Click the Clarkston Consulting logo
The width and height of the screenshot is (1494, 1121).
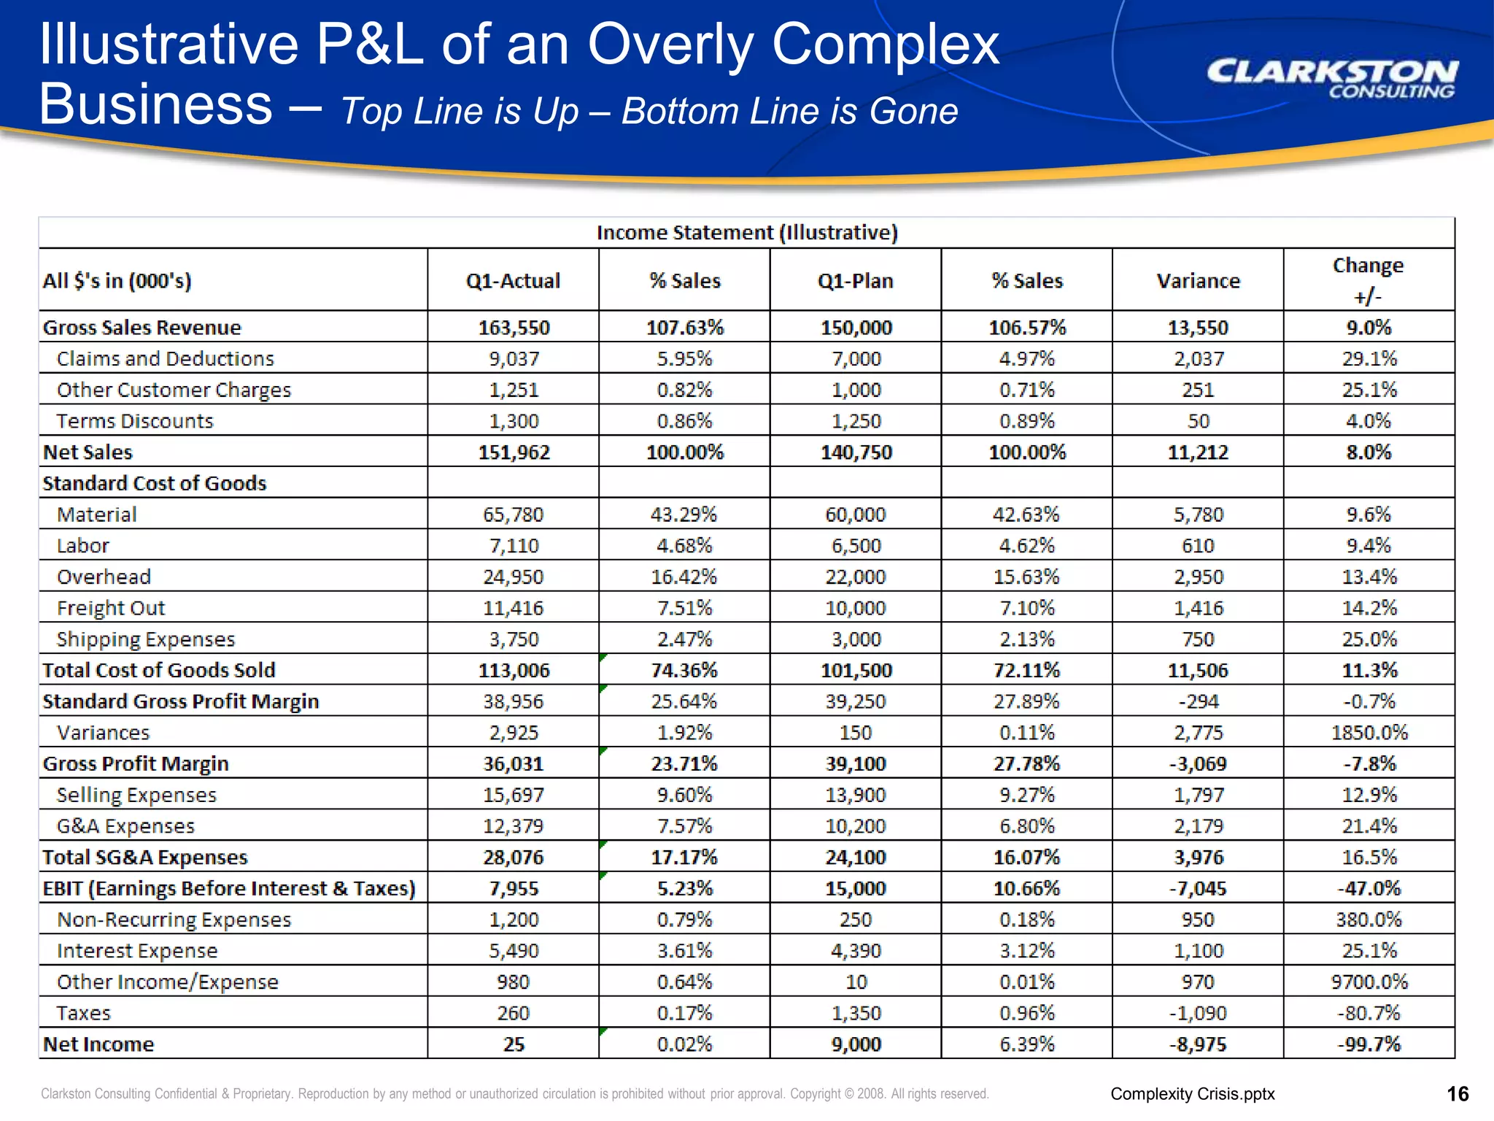tap(1332, 78)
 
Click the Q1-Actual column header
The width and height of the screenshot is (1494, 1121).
tap(513, 281)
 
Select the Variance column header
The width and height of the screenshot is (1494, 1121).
tap(1198, 281)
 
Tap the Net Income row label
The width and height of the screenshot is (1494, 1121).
tap(98, 1044)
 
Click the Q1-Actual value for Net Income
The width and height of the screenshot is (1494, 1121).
tap(514, 1044)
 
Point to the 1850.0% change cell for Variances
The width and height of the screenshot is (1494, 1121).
tap(1369, 733)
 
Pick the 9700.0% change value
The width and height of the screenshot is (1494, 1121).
tap(1369, 982)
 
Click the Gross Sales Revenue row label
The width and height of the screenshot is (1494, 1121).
tap(142, 328)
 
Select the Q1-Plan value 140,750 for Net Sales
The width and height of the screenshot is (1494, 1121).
tap(856, 452)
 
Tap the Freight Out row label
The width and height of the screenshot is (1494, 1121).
tap(111, 608)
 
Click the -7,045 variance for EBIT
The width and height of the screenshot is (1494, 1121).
tap(1198, 889)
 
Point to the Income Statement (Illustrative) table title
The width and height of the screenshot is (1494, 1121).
tap(747, 233)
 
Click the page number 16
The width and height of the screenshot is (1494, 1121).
tap(1457, 1094)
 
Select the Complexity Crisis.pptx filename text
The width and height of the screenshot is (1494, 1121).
tap(1192, 1094)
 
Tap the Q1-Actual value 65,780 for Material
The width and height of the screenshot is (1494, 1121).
tap(513, 515)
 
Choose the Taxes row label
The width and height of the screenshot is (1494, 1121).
tap(84, 1014)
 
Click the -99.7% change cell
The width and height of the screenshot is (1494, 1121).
tap(1369, 1044)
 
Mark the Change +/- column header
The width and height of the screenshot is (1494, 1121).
tap(1368, 280)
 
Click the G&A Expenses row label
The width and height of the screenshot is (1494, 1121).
tap(125, 826)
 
